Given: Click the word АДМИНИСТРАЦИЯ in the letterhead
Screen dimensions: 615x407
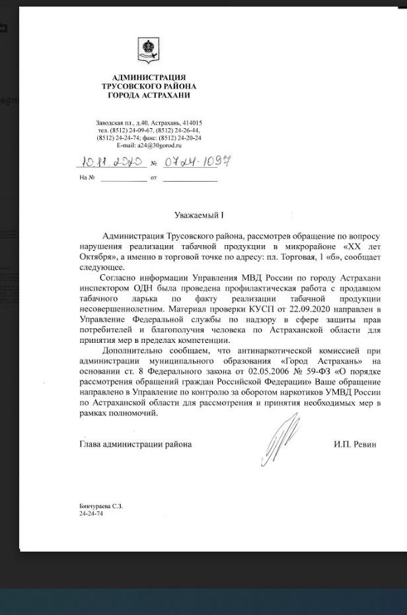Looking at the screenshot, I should click(149, 77).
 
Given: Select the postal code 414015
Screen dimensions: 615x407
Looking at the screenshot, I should click(192, 123).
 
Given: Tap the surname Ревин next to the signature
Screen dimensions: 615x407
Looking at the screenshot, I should click(364, 445).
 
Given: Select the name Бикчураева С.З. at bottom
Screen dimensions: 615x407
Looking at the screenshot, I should click(100, 506).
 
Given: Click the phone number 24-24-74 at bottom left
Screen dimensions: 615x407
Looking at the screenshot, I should click(91, 513).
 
